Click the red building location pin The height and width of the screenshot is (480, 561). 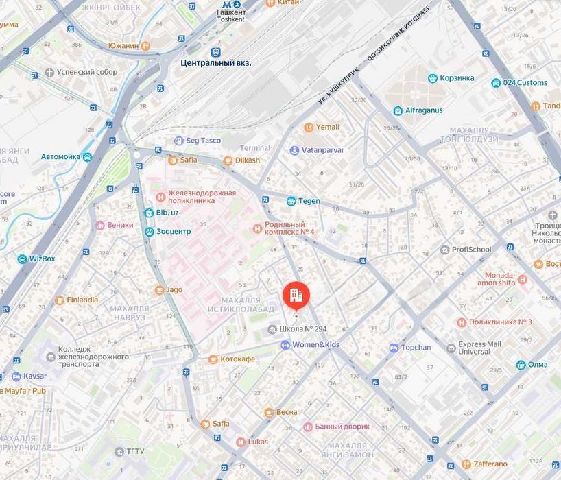[296, 296]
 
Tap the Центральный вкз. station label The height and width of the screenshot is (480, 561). [215, 62]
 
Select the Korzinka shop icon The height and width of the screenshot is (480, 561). [433, 78]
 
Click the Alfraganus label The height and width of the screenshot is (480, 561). [424, 110]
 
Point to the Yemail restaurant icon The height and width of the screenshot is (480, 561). [309, 127]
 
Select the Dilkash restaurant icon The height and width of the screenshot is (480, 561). [228, 160]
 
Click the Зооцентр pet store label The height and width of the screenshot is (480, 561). [173, 232]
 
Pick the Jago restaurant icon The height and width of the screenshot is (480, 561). [159, 289]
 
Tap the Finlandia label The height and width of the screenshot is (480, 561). [82, 300]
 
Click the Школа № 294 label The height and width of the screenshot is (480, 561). [303, 329]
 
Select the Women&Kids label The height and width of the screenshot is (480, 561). [315, 345]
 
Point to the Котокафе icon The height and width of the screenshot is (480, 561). [213, 359]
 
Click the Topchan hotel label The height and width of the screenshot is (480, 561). [416, 348]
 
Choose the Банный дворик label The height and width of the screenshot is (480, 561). [342, 427]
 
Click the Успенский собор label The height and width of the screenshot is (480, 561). [86, 72]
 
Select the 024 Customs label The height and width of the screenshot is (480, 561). [525, 83]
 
